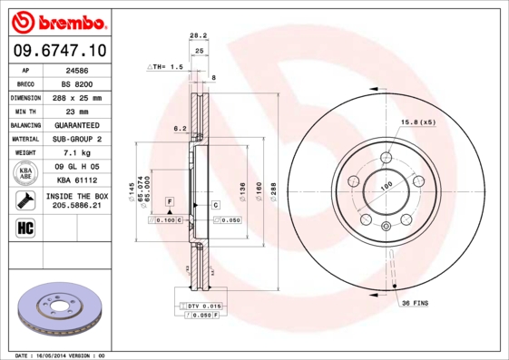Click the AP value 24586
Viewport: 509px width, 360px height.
coord(77,69)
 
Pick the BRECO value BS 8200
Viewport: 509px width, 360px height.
coord(77,83)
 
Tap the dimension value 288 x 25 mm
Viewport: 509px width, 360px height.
coord(77,97)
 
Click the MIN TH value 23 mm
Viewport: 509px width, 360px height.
coord(77,111)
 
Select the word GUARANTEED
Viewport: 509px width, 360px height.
coord(77,125)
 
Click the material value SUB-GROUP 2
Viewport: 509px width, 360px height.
coord(77,139)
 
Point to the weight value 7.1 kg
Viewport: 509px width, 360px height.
coord(77,153)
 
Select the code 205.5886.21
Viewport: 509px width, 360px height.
coord(77,206)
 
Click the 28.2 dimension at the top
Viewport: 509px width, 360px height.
coord(195,36)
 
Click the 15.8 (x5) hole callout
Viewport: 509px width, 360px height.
coord(418,122)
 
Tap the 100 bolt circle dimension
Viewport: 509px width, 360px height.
coord(386,185)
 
